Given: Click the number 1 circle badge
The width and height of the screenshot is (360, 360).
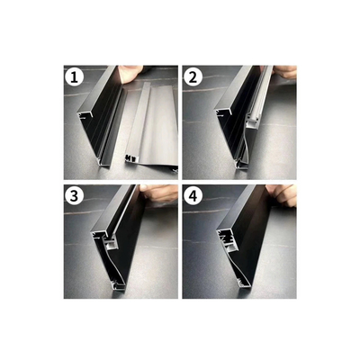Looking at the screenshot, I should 74,76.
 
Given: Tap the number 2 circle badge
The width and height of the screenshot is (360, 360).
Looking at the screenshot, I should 193,76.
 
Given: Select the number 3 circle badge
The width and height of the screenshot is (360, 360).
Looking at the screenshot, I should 74,196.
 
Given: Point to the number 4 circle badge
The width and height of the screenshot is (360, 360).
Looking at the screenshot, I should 193,196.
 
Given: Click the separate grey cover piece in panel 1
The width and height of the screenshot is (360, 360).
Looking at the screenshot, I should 153,126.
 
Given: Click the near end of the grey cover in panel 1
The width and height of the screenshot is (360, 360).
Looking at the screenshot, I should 135,162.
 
